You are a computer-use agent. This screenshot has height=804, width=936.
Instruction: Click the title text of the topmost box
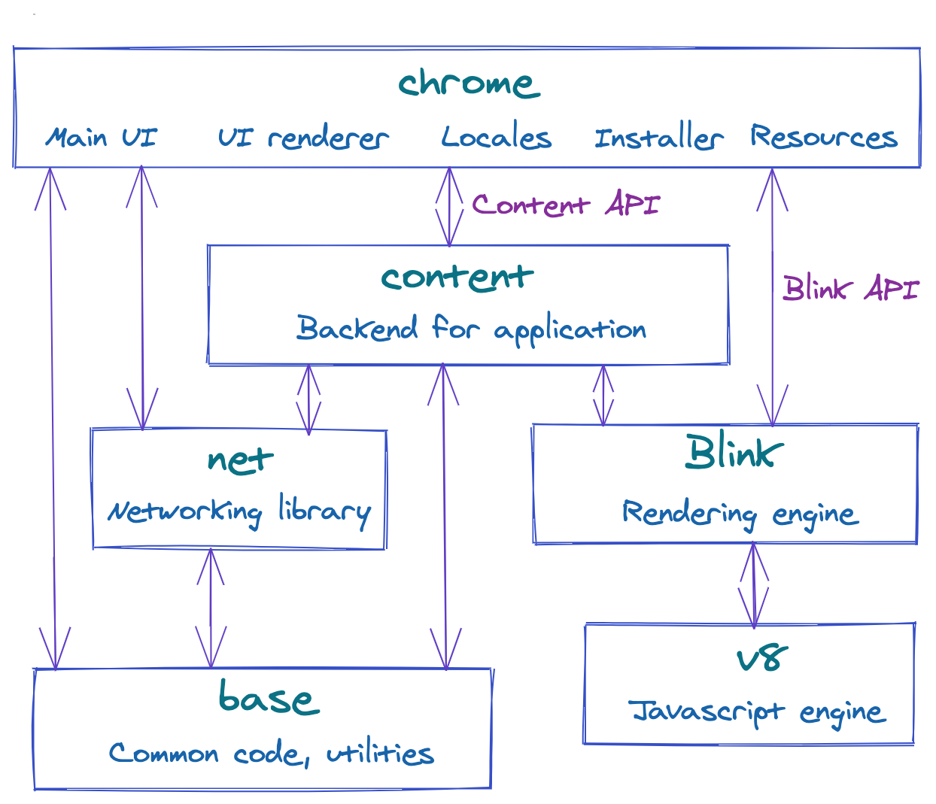tap(466, 83)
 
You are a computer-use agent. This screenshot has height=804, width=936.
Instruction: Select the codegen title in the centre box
tap(451, 279)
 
